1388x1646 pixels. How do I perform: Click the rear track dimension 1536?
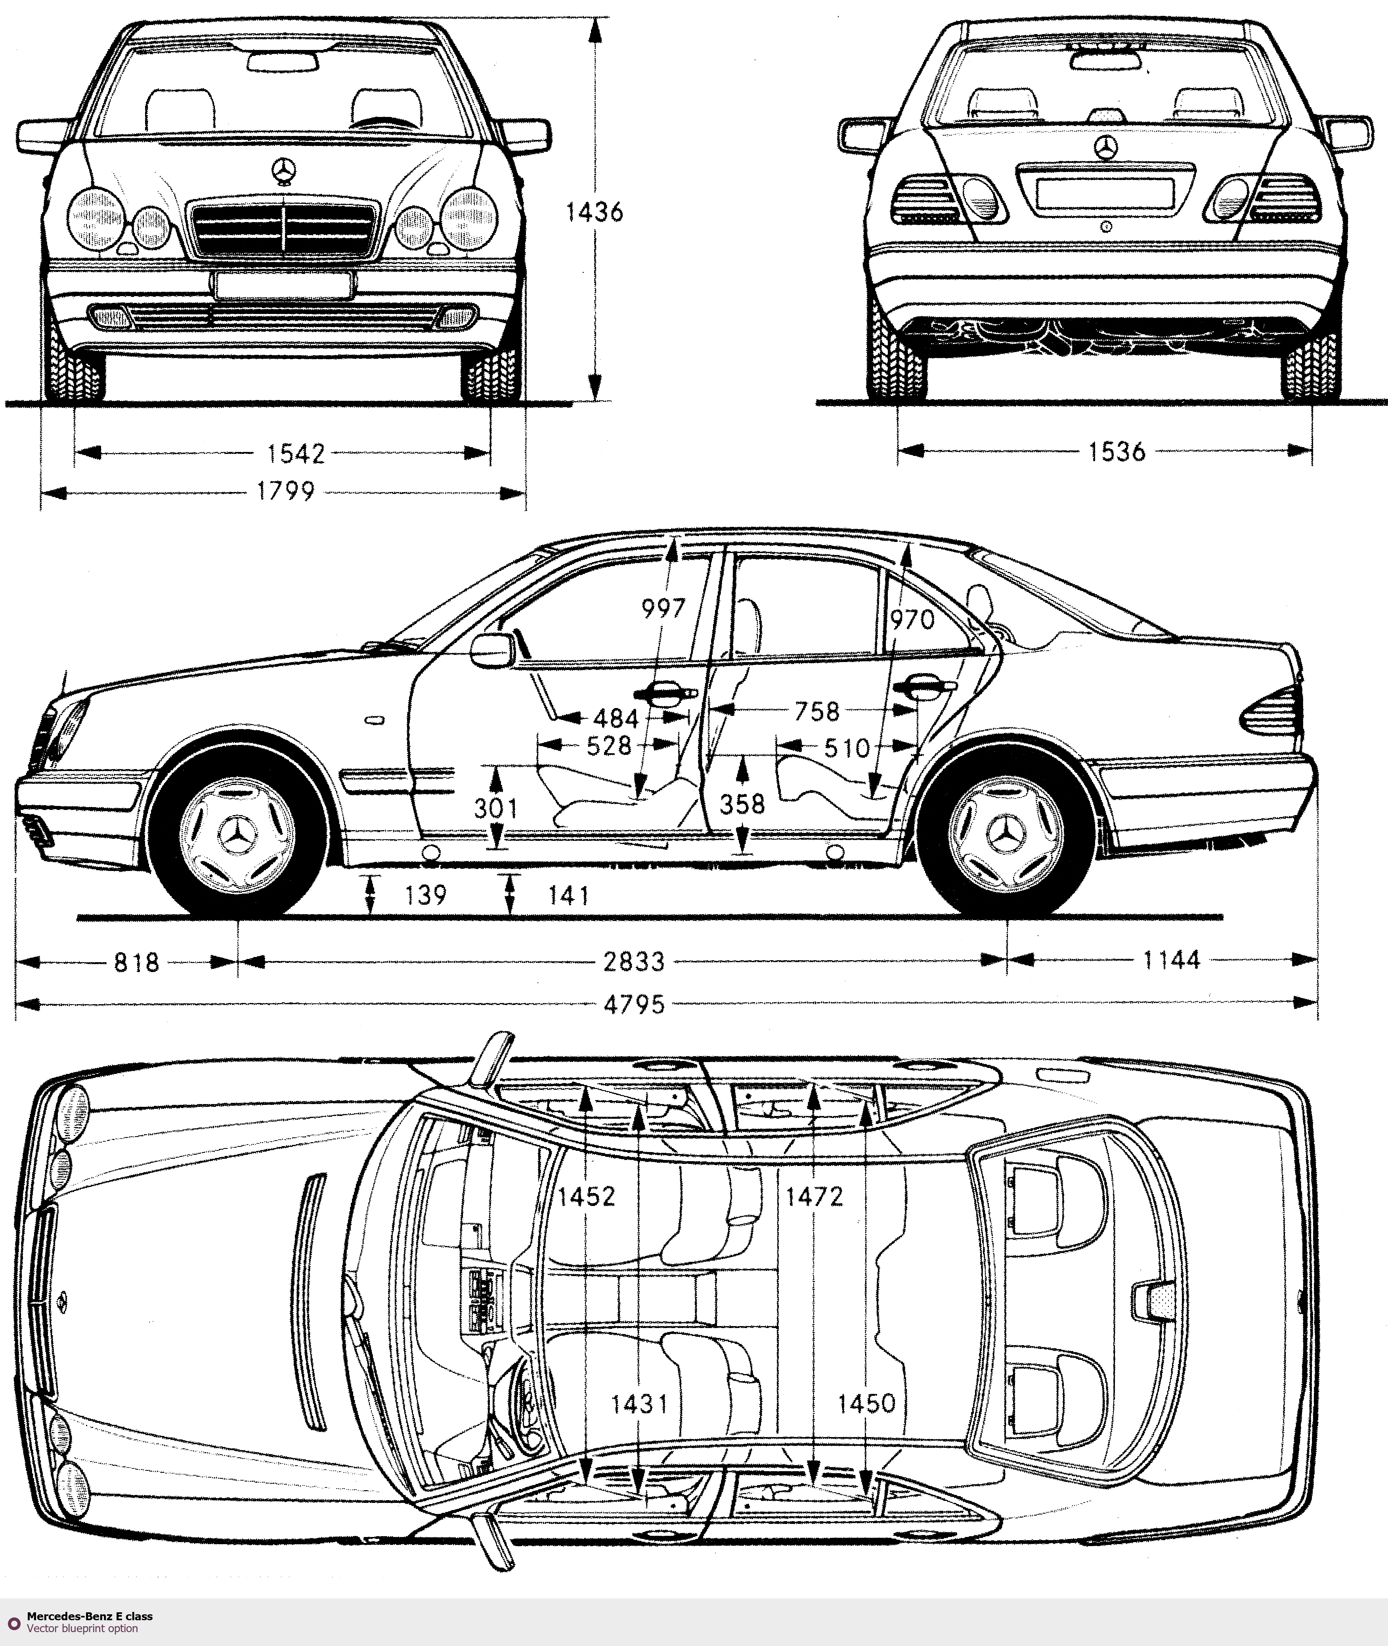[x=1117, y=452]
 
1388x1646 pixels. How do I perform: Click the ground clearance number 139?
[x=426, y=896]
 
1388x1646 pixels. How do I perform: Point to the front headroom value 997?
[x=663, y=608]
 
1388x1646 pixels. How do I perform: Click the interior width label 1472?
[x=814, y=1197]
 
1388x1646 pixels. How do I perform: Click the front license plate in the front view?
[x=281, y=285]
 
